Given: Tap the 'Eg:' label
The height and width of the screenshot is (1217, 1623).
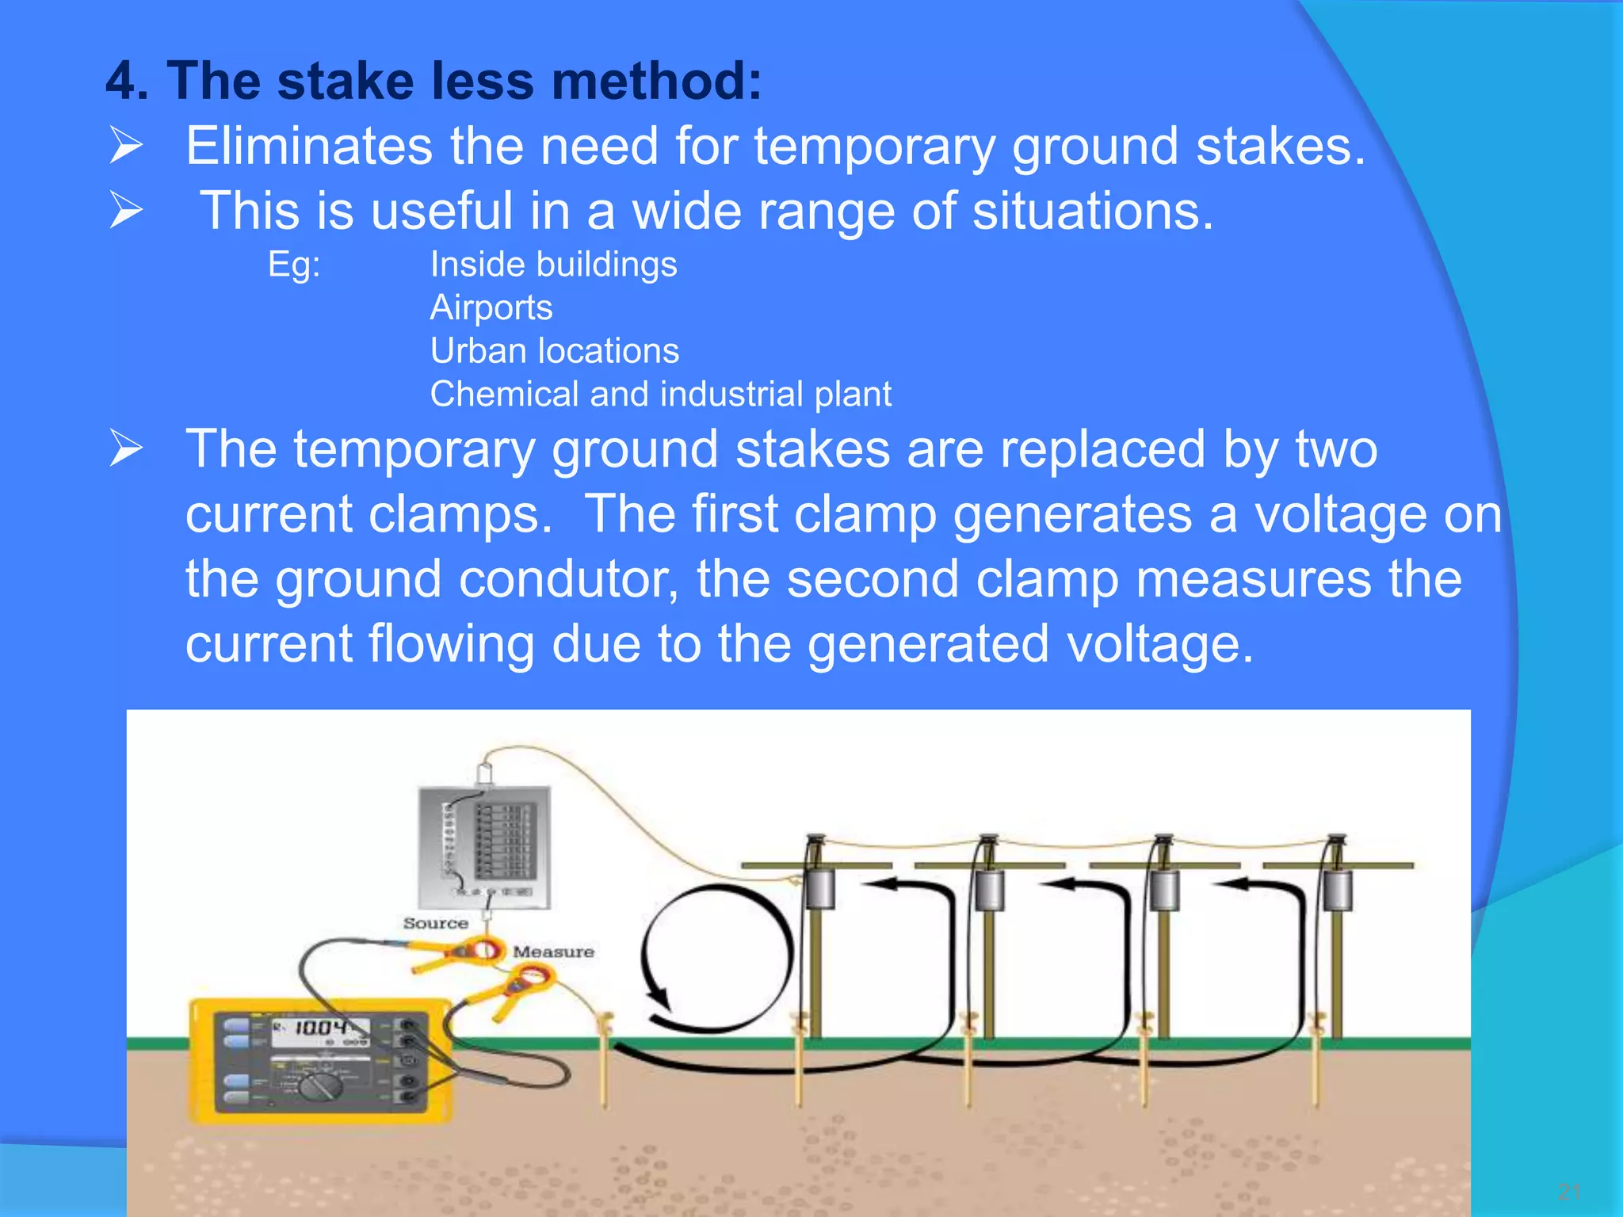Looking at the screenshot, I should tap(294, 265).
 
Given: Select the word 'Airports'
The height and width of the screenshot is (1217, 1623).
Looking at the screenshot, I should tap(491, 307).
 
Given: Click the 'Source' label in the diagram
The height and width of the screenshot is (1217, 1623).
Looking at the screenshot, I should tap(435, 923).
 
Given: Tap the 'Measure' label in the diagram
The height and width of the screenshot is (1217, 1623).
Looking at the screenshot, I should tap(553, 952).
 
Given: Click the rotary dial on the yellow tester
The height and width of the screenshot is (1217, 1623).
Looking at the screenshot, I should tap(320, 1086).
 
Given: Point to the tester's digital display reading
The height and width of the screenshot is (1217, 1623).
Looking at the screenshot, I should tap(321, 1028).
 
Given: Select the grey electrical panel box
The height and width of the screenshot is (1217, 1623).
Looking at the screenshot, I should tap(484, 845).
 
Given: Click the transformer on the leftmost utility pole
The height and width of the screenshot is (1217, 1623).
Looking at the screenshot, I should tap(821, 888).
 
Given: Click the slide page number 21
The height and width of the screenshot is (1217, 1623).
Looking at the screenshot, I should tap(1568, 1191).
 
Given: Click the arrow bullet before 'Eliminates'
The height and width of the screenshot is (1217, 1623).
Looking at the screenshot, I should tap(126, 147).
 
